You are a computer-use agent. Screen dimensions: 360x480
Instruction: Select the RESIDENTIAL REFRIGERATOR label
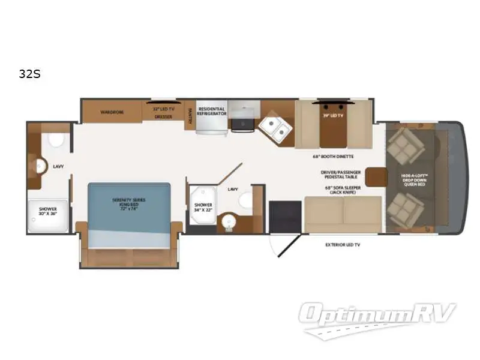point(212,112)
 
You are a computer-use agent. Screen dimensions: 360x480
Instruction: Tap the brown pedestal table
point(375,176)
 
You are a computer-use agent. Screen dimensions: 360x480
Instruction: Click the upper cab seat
point(401,143)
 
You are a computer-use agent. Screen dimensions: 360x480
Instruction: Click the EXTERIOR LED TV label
point(343,245)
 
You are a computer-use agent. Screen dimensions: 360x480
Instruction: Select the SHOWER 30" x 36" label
point(48,212)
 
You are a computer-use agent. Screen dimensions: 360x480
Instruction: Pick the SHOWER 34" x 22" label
point(203,208)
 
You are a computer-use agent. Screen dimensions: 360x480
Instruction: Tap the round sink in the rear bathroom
point(41,166)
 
